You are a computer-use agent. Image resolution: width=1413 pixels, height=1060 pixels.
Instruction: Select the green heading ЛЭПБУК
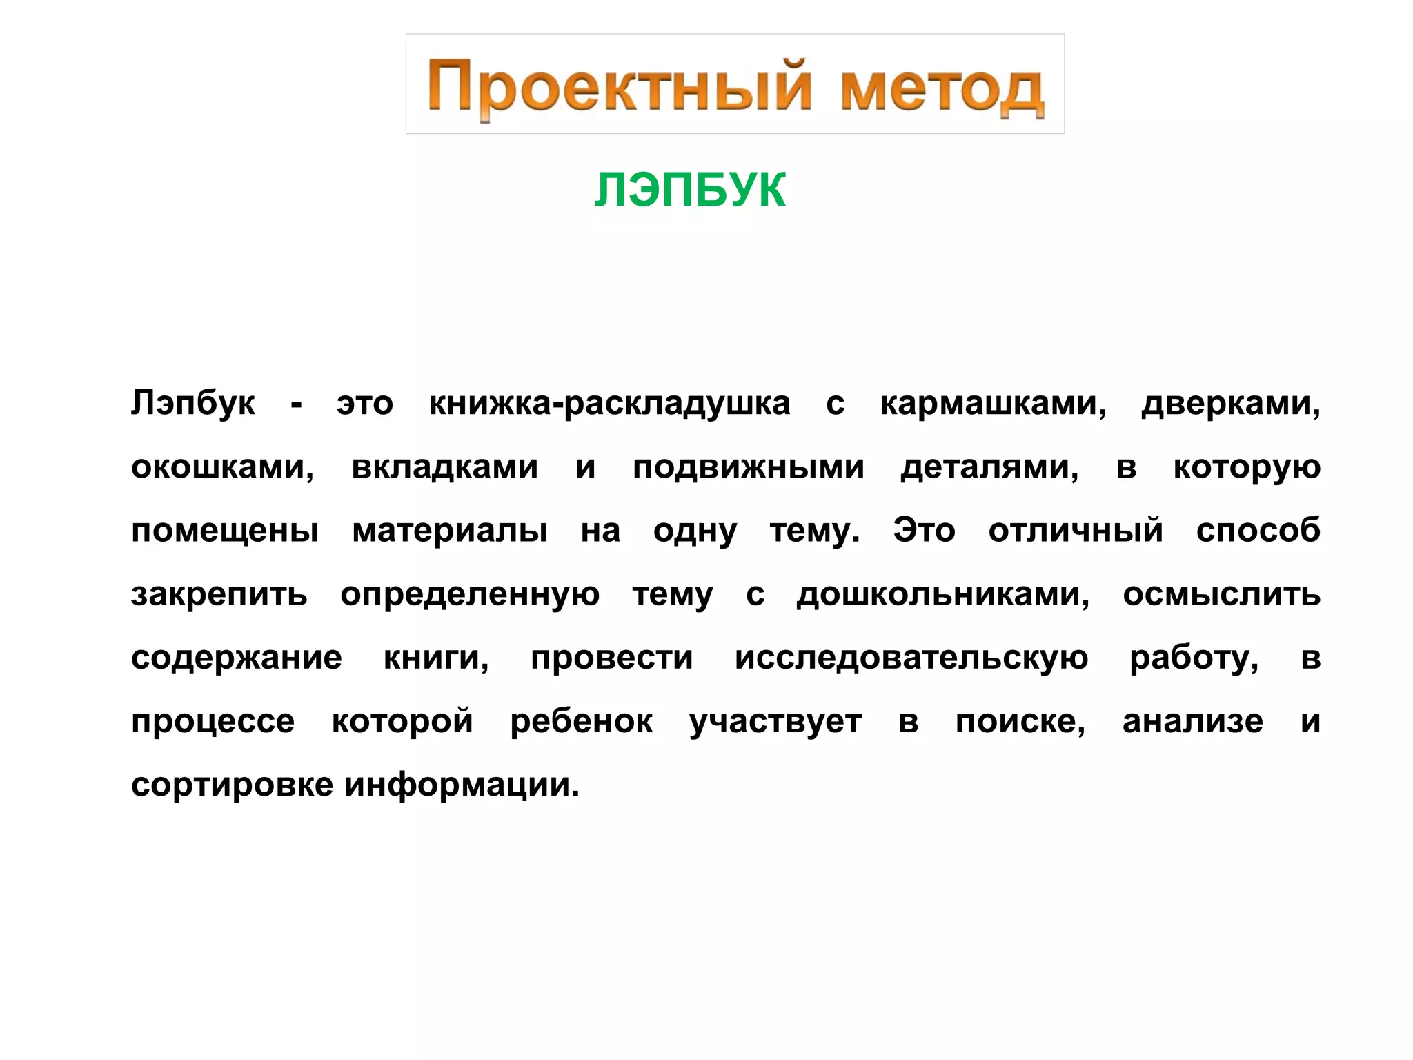pos(690,190)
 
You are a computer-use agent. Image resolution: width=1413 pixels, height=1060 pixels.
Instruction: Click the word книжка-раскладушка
pos(609,403)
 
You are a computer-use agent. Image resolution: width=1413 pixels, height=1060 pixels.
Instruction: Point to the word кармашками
pos(993,403)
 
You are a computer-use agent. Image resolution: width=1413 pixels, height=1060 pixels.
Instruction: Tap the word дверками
pos(1230,403)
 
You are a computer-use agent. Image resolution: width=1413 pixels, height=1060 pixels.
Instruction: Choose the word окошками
pos(222,467)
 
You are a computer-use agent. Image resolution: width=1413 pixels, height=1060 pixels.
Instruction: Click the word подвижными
pos(748,467)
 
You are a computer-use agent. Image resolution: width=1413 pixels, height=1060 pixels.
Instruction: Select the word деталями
pos(989,467)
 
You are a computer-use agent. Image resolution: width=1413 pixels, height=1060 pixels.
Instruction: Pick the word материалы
pos(450,531)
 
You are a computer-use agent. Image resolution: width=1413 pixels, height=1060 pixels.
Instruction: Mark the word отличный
pos(1075,531)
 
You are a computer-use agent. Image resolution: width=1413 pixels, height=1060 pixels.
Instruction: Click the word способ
pos(1258,531)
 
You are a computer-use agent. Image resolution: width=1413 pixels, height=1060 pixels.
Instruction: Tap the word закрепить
pos(219,594)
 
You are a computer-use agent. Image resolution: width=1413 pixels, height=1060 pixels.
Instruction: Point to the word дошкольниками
pos(942,594)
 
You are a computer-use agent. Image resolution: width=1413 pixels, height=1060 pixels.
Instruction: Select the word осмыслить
pos(1221,594)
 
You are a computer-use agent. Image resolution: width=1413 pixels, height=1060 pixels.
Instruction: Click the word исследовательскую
pos(911,658)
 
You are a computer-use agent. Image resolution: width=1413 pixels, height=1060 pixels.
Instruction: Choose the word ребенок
pos(581,722)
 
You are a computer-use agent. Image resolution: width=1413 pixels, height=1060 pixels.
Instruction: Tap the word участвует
pos(775,722)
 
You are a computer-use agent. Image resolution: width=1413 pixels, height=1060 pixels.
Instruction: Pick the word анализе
pos(1192,722)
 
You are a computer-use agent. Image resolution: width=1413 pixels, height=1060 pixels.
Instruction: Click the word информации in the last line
pos(462,785)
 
